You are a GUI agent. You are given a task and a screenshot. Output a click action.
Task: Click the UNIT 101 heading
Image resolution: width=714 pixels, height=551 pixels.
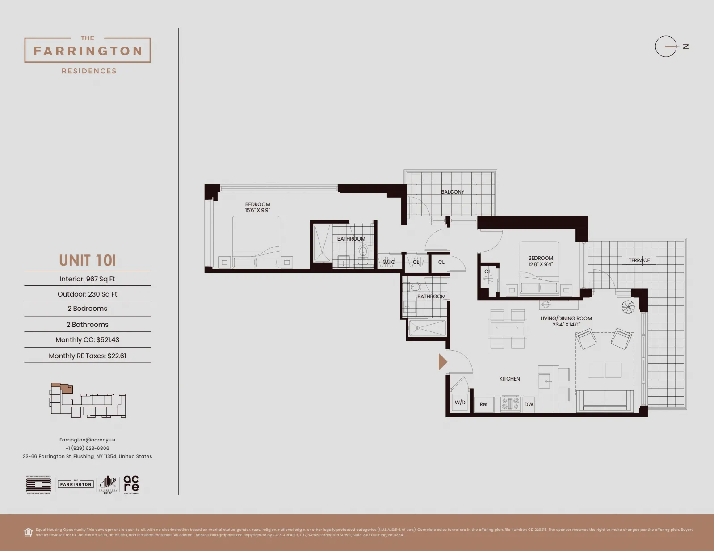pos(88,260)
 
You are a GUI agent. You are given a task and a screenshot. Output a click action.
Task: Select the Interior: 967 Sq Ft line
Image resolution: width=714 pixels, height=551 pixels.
pos(87,279)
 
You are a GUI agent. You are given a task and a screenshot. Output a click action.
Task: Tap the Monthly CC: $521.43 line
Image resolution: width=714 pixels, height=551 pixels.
pos(87,340)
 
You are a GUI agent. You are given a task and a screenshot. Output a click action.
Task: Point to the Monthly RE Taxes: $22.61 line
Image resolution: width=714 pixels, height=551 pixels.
pos(87,356)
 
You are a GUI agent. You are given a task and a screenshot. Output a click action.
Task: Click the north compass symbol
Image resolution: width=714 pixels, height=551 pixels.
pos(666,46)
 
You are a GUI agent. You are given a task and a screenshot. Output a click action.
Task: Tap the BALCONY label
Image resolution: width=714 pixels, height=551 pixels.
pos(453,192)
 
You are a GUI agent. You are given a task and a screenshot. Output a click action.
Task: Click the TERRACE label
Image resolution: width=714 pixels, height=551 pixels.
pos(639,260)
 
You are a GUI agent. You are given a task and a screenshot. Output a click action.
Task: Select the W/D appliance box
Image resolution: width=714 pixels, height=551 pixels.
pos(460,403)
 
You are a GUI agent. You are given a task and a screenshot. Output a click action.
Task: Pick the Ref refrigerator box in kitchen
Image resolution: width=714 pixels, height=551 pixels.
pos(483,404)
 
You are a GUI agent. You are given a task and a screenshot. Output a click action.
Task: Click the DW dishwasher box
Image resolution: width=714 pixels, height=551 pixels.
pos(529,404)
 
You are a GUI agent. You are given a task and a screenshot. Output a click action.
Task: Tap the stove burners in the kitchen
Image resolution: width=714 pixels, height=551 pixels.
pos(510,404)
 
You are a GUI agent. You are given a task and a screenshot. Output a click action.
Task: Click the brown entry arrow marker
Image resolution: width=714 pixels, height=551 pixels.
pos(442,362)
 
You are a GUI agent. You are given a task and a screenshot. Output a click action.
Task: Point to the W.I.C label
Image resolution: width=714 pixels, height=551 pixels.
pos(389,262)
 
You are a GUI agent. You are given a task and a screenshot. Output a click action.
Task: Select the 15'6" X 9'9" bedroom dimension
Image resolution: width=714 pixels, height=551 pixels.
pos(257,210)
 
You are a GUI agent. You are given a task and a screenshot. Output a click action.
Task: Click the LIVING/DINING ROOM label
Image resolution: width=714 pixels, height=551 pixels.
pos(566,318)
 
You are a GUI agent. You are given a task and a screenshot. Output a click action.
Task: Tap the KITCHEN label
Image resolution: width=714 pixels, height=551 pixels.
pos(509,379)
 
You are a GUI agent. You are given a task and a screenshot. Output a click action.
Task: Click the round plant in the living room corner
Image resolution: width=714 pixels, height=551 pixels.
pos(628,307)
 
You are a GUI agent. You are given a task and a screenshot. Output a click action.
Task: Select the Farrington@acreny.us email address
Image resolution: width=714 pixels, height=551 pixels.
pos(87,440)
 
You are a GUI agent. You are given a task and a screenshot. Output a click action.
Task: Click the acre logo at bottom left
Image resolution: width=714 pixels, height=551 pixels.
pos(131,484)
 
